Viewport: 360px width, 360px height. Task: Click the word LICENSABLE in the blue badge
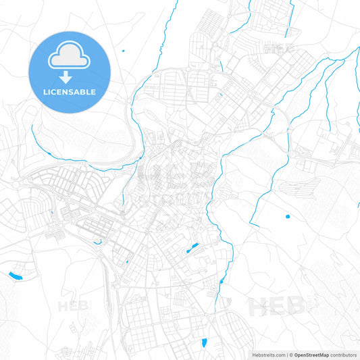69,92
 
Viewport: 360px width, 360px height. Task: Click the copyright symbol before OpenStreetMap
290,354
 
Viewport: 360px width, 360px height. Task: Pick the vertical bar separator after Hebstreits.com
286,354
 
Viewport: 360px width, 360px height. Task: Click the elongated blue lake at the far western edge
14,275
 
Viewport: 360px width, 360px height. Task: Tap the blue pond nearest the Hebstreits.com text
203,342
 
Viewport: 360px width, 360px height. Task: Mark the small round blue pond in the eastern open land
287,217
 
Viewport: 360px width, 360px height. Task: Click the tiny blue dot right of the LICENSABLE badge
124,50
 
